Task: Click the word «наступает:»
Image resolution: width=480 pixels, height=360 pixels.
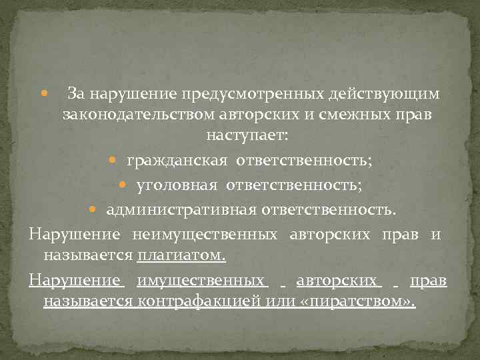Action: pyautogui.click(x=247, y=135)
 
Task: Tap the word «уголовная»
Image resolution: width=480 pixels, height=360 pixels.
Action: pyautogui.click(x=177, y=185)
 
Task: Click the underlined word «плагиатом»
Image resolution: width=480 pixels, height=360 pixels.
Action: pyautogui.click(x=181, y=255)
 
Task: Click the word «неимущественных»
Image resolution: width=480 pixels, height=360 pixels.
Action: pyautogui.click(x=205, y=235)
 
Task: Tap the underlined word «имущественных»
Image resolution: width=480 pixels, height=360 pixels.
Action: pyautogui.click(x=199, y=281)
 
